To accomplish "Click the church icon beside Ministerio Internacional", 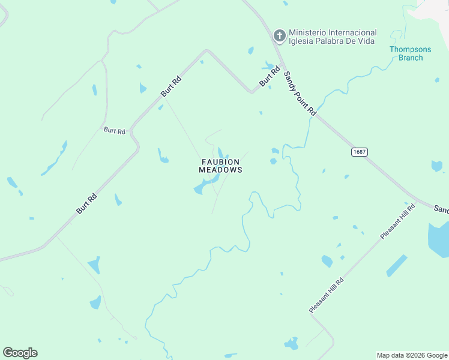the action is click(x=279, y=36).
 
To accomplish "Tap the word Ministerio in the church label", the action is click(x=307, y=32).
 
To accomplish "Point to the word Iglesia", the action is click(x=302, y=41).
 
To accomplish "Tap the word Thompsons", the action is click(x=411, y=49).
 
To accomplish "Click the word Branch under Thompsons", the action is click(x=411, y=58).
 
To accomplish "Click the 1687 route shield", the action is click(x=359, y=152).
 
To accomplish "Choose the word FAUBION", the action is click(x=220, y=162).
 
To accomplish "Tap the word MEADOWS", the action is click(x=220, y=170).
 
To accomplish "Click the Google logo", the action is click(x=20, y=353).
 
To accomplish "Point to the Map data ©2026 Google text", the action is click(x=412, y=355).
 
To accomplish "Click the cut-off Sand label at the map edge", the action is click(x=441, y=209).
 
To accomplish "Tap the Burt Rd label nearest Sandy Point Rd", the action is click(x=270, y=76).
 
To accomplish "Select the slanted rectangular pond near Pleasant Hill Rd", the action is click(x=397, y=265).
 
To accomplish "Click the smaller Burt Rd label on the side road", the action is click(x=114, y=130).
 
